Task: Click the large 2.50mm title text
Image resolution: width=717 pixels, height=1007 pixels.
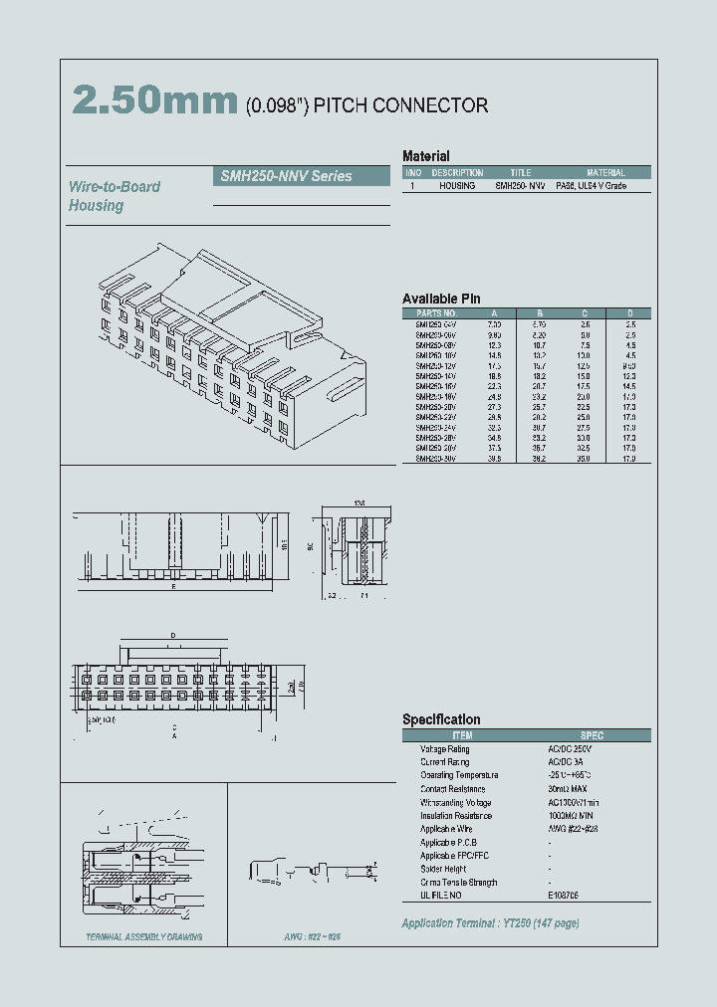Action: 154,101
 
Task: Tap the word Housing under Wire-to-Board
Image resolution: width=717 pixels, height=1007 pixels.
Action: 96,205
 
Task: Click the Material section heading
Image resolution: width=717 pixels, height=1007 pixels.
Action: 425,156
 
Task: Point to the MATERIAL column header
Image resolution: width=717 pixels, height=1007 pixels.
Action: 605,172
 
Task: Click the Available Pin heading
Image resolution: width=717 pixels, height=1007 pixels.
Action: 441,299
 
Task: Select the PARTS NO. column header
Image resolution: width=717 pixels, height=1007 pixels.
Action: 435,312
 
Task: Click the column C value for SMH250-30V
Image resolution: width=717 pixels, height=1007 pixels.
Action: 585,459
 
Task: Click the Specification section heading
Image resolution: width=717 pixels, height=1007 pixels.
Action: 441,719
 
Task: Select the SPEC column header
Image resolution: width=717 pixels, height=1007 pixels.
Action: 592,735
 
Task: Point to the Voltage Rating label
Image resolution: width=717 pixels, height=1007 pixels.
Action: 444,748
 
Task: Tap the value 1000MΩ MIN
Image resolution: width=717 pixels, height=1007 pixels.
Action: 576,816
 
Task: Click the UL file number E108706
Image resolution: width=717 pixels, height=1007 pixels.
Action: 563,896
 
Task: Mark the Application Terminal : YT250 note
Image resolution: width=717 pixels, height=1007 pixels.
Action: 490,923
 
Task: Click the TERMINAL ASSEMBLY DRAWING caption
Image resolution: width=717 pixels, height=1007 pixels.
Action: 144,937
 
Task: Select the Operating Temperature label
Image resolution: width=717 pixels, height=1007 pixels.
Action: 458,775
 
